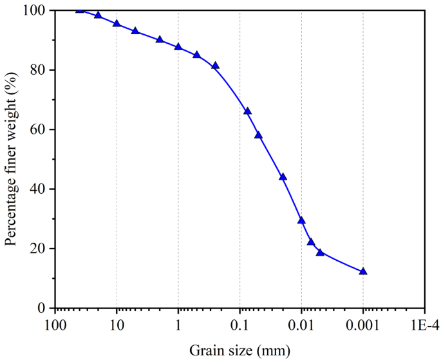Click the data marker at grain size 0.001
363,272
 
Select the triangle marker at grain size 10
117,24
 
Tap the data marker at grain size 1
178,48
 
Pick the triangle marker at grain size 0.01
301,221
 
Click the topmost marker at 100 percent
80,10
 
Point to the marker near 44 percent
283,177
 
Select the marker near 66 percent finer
247,111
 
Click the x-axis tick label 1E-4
424,321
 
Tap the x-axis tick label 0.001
363,321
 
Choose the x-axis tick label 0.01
301,321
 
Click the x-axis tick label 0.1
240,321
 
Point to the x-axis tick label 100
55,321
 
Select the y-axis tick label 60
41,129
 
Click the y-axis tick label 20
41,249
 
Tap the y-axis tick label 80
41,70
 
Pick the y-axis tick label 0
44,308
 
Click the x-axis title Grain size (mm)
239,350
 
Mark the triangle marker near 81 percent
216,66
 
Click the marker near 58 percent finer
258,135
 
